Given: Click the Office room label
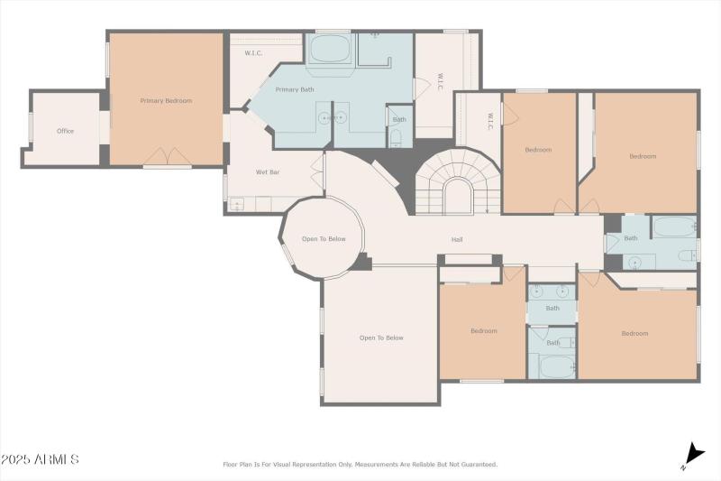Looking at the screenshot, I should point(65,131).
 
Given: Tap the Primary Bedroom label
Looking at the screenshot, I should point(166,101).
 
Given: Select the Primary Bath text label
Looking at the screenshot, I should point(294,89).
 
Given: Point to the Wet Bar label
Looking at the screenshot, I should point(268,171).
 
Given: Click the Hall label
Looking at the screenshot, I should point(458,240).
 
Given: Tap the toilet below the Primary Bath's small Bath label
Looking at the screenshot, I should point(397,138).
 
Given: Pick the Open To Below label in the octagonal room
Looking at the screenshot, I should point(324,239).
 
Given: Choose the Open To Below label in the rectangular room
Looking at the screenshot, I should point(381,338).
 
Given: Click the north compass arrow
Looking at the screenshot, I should point(693,454).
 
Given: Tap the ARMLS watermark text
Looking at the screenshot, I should point(40,459).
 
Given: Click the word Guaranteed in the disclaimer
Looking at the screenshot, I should point(475,465).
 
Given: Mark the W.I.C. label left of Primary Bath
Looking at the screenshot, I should point(253,53).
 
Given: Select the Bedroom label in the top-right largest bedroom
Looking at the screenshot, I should point(643,156).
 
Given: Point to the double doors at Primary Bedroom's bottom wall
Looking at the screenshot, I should point(167,156).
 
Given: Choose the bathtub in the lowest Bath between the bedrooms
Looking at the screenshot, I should point(556,366).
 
